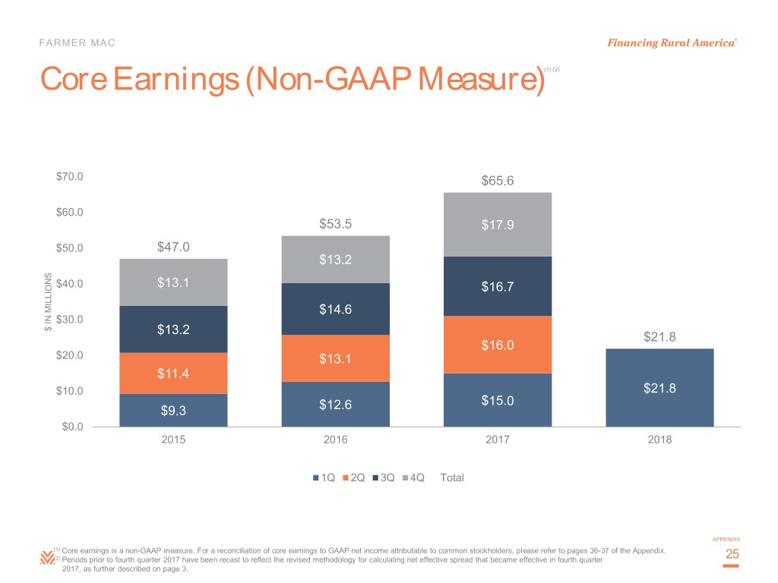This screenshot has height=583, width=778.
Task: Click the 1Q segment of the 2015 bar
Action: (173, 410)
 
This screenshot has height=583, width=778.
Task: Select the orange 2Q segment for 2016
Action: (335, 358)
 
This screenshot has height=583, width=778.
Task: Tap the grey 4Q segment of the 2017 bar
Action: (497, 225)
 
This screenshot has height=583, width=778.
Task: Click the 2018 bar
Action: (659, 387)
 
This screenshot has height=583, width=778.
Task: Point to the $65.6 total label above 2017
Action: (497, 181)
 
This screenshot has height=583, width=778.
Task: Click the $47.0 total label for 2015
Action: (173, 247)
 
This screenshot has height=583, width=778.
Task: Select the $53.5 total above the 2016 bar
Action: (335, 224)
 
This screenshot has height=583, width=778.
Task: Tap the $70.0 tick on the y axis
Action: (70, 177)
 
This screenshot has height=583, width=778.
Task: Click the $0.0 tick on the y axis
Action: (73, 427)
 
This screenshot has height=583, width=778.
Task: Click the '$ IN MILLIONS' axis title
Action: (48, 301)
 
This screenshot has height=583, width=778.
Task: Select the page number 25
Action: (732, 556)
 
